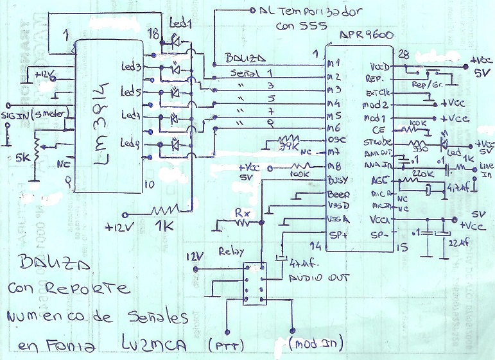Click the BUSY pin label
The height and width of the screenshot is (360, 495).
pyautogui.click(x=338, y=180)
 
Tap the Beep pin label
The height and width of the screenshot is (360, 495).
pyautogui.click(x=338, y=193)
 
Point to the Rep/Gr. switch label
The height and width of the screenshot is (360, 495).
pyautogui.click(x=424, y=84)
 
